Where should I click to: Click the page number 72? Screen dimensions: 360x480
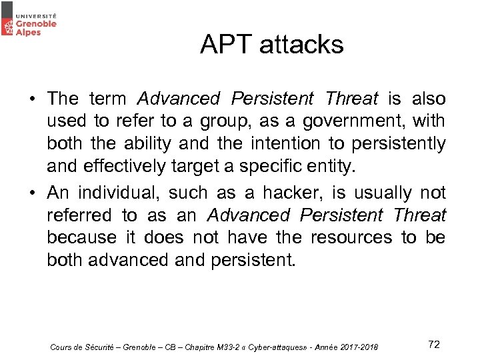coord(434,344)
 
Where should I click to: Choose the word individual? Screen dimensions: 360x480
coord(117,193)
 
